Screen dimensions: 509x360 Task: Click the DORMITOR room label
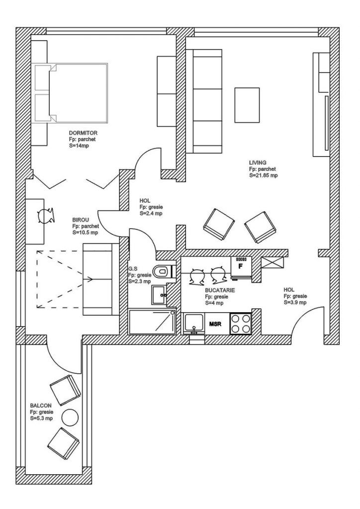coord(83,133)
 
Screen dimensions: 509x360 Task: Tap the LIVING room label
coord(258,163)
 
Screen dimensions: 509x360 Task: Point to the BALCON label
coord(40,405)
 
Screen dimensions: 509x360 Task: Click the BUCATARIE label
coord(206,289)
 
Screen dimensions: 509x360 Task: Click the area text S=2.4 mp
coord(151,213)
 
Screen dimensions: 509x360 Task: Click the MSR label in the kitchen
coord(215,324)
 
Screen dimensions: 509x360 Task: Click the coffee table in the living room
coord(247,105)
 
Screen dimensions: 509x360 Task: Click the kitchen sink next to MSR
coord(194,324)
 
